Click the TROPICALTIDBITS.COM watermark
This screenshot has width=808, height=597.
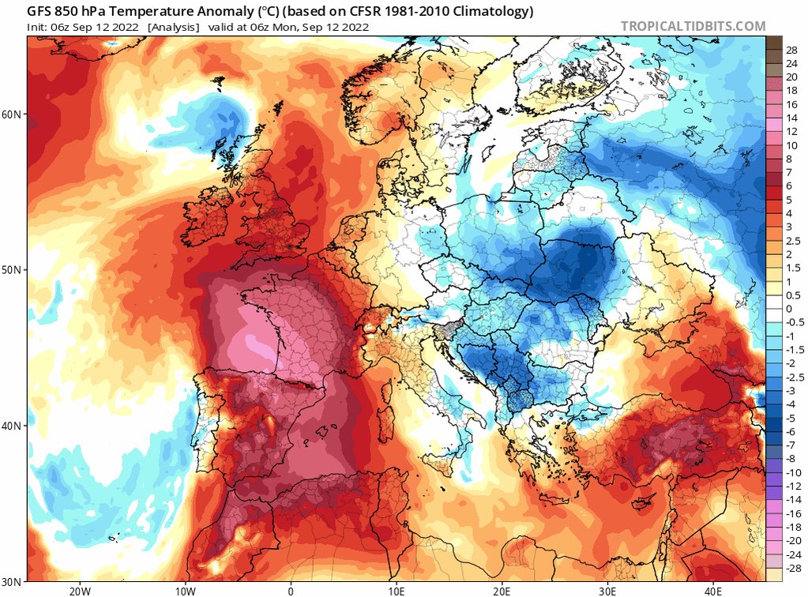pos(693,26)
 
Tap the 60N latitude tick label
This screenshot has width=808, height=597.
pos(12,115)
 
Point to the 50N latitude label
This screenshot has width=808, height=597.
pos(12,270)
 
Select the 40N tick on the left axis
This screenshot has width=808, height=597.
pos(12,426)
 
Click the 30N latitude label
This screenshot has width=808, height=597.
pos(12,582)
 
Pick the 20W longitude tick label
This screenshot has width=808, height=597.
pos(80,591)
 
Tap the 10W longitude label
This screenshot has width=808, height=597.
pos(186,591)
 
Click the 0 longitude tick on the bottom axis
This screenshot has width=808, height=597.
pos(291,591)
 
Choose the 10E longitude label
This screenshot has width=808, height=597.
pos(396,591)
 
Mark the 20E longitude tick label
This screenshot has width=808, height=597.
pos(502,591)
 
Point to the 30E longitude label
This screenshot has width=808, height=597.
pos(607,591)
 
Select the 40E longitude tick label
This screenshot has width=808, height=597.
pos(712,591)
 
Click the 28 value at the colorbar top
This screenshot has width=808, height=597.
pos(791,51)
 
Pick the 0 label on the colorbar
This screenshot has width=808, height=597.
pos(788,309)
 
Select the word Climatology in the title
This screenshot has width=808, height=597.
pos(496,11)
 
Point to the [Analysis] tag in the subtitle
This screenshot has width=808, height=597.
pos(174,28)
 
